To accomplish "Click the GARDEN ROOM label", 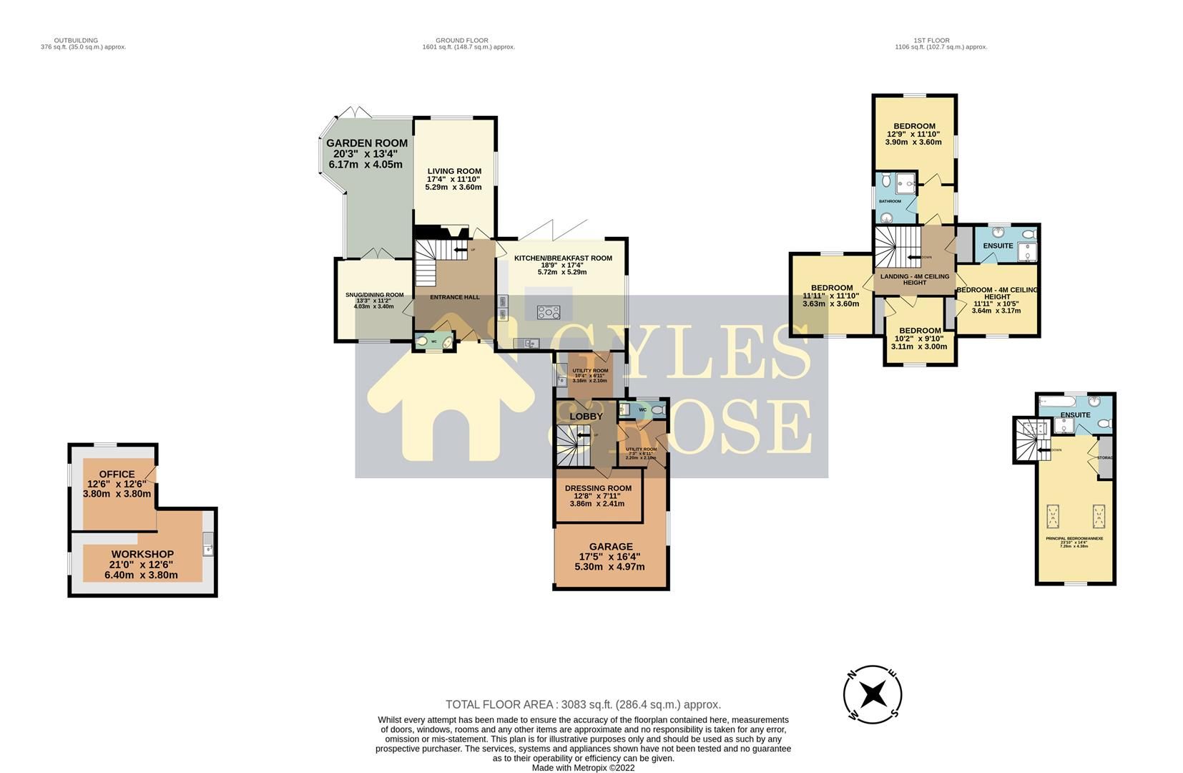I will click(x=367, y=144).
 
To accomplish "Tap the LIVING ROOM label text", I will click(x=454, y=171).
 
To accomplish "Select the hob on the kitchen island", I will click(x=549, y=312).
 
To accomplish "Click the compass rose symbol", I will click(x=872, y=694).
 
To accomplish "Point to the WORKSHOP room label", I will click(x=142, y=555).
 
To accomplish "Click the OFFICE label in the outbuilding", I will click(x=117, y=475).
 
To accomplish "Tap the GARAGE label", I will click(x=611, y=547).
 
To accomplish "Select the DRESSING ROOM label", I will click(x=598, y=489).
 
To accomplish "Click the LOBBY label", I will click(x=586, y=417).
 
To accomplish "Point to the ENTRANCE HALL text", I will click(x=454, y=298).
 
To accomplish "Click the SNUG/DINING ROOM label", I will click(x=374, y=295).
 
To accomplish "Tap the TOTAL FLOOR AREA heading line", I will click(x=583, y=705).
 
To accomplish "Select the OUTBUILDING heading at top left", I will click(x=76, y=41).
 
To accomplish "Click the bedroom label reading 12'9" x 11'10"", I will click(x=914, y=127).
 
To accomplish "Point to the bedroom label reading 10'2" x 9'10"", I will click(x=920, y=331).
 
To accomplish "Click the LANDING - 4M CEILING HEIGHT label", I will click(x=914, y=279).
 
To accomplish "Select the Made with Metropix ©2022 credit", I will click(x=583, y=767).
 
